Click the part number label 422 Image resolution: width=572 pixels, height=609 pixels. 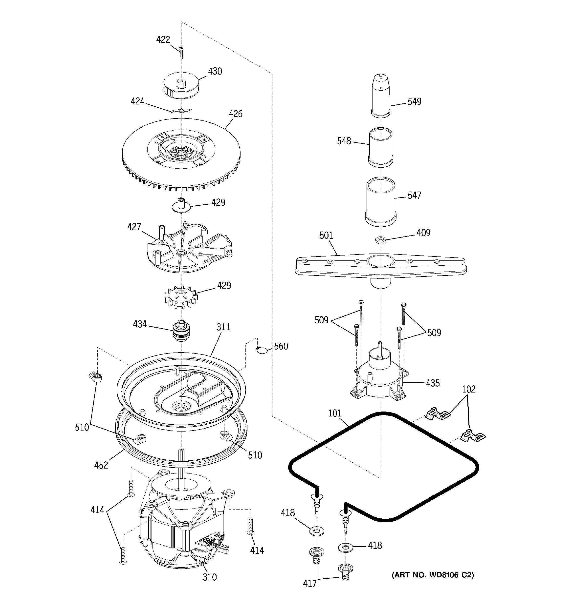click(x=163, y=39)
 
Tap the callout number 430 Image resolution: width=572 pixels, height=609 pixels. click(x=215, y=71)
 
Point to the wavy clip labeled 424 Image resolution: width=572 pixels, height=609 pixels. click(x=182, y=111)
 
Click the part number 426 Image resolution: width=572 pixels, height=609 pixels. click(x=235, y=114)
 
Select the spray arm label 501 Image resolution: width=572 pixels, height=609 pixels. click(x=326, y=236)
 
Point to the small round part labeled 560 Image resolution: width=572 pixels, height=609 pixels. click(x=260, y=350)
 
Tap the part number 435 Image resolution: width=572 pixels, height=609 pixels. click(x=432, y=383)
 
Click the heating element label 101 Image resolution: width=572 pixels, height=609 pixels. click(x=335, y=413)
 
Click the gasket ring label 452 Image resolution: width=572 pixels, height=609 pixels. click(x=101, y=465)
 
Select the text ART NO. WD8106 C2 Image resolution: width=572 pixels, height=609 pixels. click(x=432, y=575)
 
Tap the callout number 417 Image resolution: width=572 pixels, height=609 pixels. click(x=309, y=584)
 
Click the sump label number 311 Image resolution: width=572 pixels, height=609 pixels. click(x=223, y=327)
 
